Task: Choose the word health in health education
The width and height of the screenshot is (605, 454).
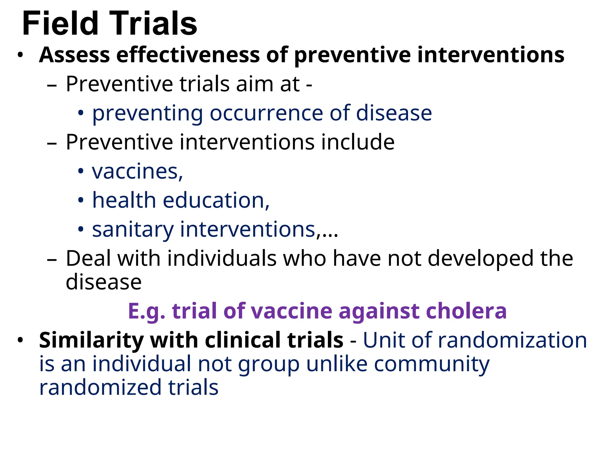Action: pyautogui.click(x=124, y=200)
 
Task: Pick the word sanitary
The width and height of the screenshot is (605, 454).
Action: pyautogui.click(x=133, y=230)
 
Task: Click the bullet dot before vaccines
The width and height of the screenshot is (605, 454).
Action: pyautogui.click(x=81, y=171)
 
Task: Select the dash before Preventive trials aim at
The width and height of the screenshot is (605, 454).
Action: pyautogui.click(x=52, y=85)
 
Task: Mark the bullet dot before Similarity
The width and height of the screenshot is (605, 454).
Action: pyautogui.click(x=20, y=340)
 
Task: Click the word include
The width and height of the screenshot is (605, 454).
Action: pyautogui.click(x=358, y=142)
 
